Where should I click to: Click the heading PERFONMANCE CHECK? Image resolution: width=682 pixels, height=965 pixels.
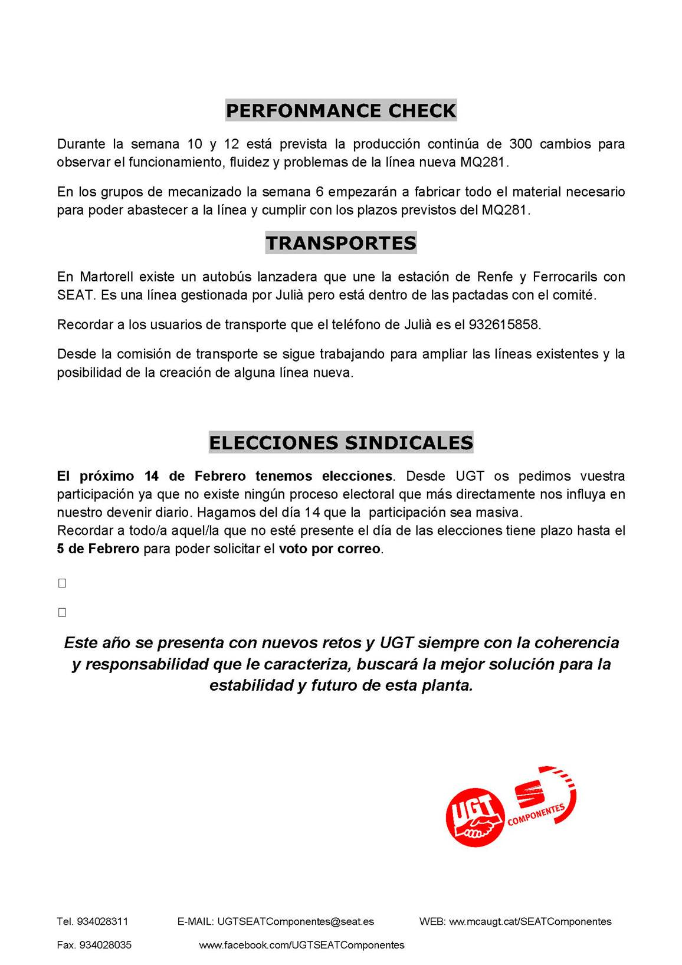[341, 110]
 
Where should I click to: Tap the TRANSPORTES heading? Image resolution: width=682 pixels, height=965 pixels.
[341, 242]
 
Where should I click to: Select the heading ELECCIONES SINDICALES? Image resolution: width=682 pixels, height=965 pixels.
[341, 442]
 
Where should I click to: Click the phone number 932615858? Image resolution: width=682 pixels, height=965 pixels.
[504, 324]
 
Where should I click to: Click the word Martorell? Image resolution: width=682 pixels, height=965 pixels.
[106, 277]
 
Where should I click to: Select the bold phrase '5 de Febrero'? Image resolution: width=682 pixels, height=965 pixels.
[98, 549]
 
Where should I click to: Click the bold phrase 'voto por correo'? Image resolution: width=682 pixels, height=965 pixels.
[329, 549]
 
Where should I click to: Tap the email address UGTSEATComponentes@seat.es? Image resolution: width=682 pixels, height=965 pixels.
[296, 921]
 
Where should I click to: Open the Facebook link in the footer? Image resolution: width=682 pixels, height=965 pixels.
[301, 945]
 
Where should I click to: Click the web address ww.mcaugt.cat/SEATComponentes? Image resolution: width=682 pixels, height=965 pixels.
[530, 921]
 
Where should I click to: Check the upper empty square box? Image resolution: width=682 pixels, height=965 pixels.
[62, 583]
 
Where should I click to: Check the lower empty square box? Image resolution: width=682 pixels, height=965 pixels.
[62, 612]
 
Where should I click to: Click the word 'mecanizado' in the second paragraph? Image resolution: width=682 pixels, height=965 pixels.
[205, 192]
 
